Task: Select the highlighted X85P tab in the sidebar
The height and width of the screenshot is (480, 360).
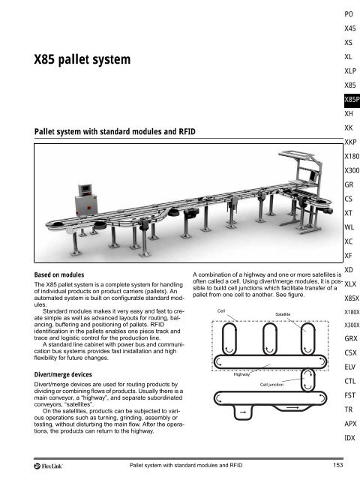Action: pyautogui.click(x=350, y=100)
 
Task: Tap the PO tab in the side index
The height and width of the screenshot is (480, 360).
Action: pyautogui.click(x=349, y=14)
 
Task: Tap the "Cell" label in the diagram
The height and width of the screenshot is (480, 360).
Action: pyautogui.click(x=221, y=310)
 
